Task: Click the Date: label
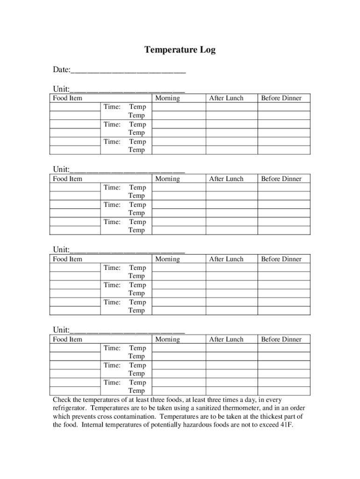coord(61,70)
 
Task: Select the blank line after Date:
coord(128,71)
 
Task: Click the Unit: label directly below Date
coord(61,89)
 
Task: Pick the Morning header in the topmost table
coord(167,98)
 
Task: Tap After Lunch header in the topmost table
coord(226,98)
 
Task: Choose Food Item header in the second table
coord(67,179)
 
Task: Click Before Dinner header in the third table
coord(281,259)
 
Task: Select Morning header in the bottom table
coord(167,340)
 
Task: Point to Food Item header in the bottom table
coord(67,340)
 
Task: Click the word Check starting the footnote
coord(63,399)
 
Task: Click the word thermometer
coord(256,408)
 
